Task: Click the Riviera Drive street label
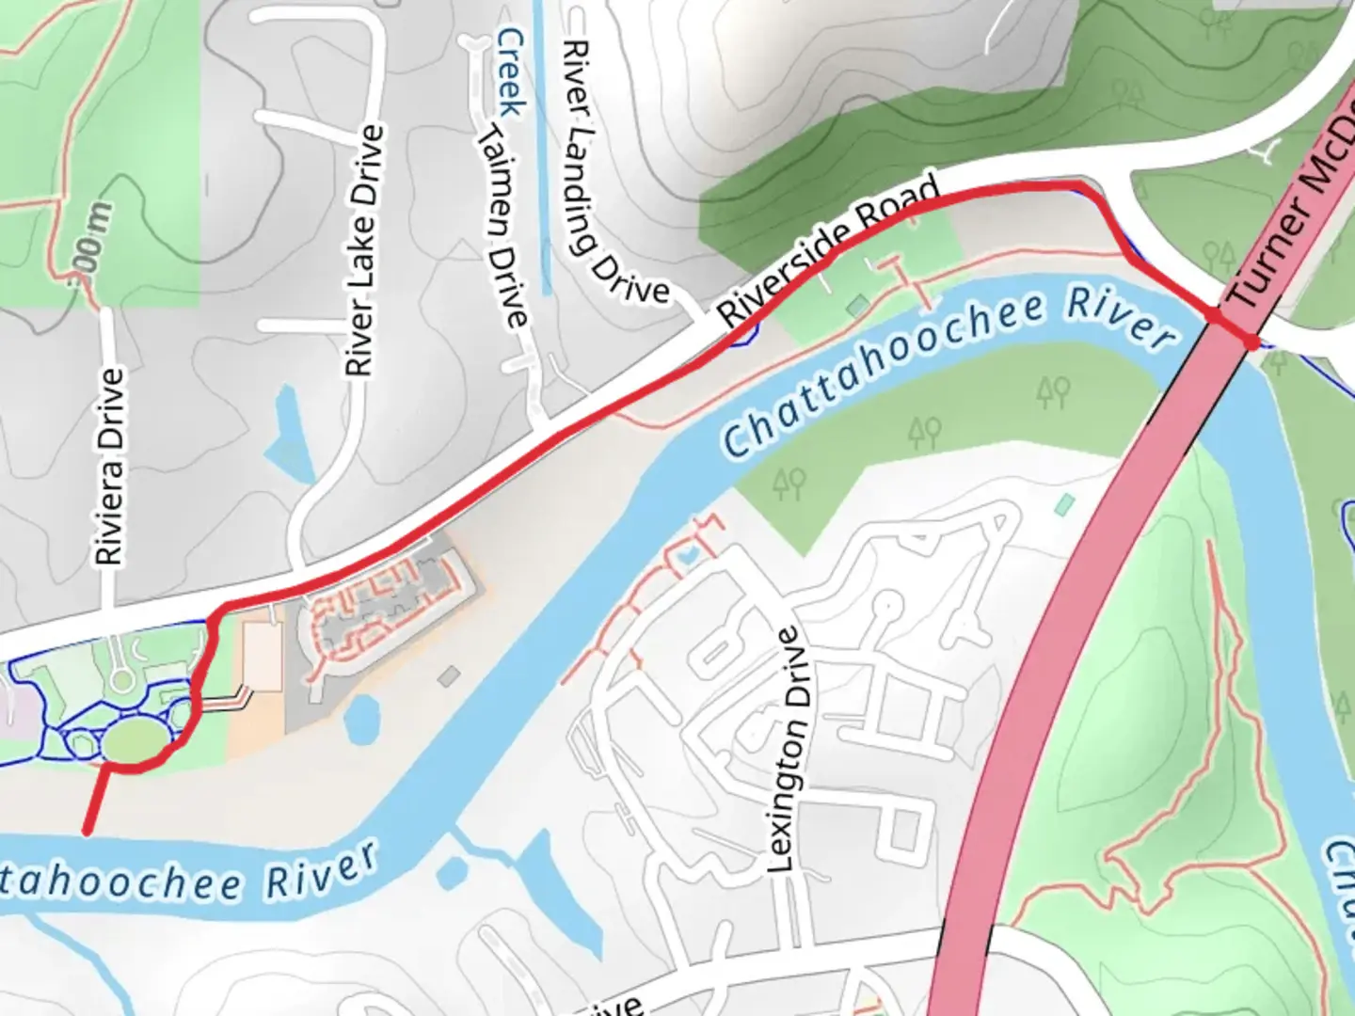pos(110,467)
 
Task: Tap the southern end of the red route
pos(87,832)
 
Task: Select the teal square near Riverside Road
pos(857,306)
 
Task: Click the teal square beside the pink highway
pos(1064,505)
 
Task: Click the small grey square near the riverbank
pos(450,675)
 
